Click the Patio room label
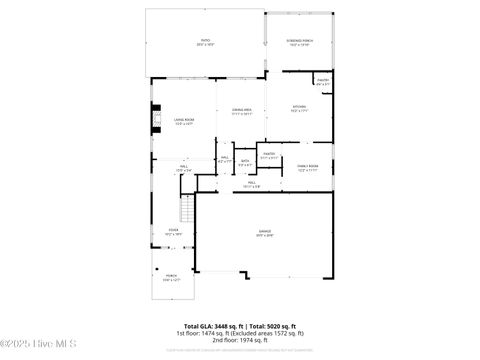pyautogui.click(x=205, y=42)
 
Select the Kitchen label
pyautogui.click(x=299, y=109)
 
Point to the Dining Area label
pyautogui.click(x=241, y=111)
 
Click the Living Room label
pyautogui.click(x=183, y=121)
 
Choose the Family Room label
pyautogui.click(x=308, y=168)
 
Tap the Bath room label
pyautogui.click(x=227, y=159)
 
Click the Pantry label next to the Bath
pyautogui.click(x=269, y=155)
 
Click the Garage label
pyautogui.click(x=264, y=233)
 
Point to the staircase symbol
pyautogui.click(x=184, y=209)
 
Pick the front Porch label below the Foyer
pyautogui.click(x=171, y=278)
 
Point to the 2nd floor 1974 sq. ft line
pyautogui.click(x=240, y=340)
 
